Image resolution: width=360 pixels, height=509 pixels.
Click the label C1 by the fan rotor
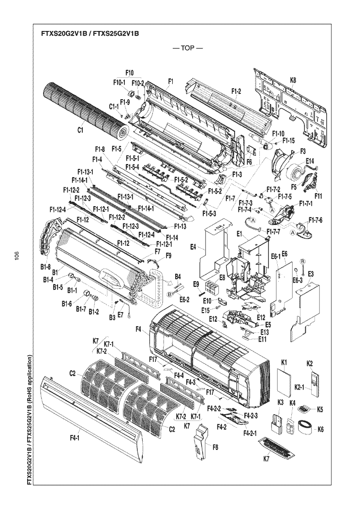80,130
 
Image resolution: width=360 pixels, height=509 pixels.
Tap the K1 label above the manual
285,363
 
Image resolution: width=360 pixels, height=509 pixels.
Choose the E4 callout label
193,248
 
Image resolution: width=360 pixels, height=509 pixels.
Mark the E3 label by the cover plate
311,274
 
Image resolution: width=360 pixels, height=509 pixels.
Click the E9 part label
196,283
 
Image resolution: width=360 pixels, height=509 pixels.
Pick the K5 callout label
320,409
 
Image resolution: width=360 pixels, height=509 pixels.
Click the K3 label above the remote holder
280,403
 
